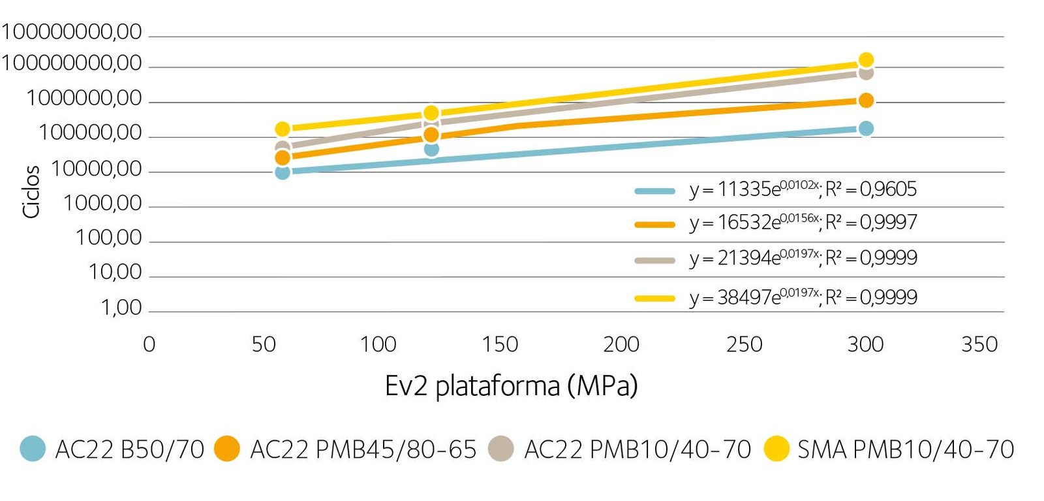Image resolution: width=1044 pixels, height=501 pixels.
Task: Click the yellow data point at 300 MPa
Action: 866,60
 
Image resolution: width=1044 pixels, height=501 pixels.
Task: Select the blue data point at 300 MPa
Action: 866,129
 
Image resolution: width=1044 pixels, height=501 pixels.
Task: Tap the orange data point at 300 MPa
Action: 866,101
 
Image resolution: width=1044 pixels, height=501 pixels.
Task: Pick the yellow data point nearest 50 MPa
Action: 283,129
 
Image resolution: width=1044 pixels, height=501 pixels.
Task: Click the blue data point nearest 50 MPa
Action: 283,172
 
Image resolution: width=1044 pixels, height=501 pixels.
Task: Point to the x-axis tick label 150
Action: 500,344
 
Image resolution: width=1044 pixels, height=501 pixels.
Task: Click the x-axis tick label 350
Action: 979,344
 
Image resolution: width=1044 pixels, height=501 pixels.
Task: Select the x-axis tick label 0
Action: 149,344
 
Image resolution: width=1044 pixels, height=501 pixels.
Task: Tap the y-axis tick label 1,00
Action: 121,307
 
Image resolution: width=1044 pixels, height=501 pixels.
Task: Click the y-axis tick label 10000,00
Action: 97,169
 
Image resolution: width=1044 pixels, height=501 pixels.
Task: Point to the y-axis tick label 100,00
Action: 108,238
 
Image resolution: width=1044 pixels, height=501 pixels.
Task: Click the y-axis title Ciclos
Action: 31,191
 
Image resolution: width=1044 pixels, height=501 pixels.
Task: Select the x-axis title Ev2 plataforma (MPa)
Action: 511,385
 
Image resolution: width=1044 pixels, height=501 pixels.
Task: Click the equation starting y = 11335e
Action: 754,189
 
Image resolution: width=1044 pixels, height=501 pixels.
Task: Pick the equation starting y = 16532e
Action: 754,223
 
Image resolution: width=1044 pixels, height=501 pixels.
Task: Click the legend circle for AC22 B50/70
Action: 33,449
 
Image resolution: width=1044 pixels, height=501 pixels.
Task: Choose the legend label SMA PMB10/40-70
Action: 906,449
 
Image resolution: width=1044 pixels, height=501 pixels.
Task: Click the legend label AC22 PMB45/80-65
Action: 363,449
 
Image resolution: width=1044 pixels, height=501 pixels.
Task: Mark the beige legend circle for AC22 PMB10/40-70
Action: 501,449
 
